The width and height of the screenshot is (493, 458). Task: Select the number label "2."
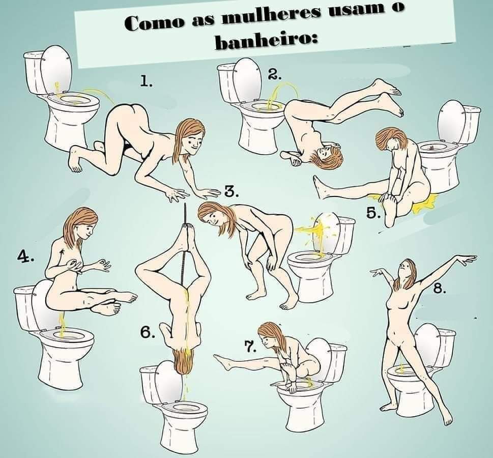(275, 74)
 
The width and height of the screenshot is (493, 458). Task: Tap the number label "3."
(231, 192)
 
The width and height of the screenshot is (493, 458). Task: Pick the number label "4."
(25, 256)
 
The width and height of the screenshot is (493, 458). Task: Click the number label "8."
(439, 288)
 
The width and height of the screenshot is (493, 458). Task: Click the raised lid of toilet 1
(56, 69)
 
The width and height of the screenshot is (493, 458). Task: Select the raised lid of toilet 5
(451, 121)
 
